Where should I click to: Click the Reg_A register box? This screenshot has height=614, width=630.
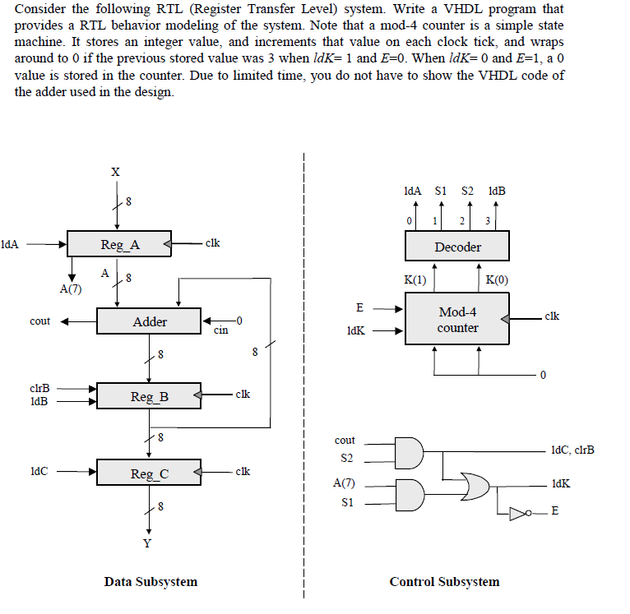coord(120,244)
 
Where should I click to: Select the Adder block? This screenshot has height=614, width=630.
coord(149,321)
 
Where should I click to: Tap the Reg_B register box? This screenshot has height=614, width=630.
coord(149,396)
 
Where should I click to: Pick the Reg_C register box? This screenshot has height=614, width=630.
coord(149,473)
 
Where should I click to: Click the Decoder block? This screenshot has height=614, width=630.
coord(457,247)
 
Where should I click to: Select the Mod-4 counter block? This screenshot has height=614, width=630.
coord(457,320)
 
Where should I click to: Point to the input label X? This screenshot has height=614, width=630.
coord(115,172)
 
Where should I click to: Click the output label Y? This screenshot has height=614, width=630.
coord(148,543)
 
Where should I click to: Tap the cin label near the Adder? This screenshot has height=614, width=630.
coord(220,331)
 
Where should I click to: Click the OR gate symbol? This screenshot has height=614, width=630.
coord(475,487)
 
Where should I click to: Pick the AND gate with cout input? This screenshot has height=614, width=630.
coord(409,450)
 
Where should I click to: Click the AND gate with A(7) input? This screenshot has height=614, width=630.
coord(409,493)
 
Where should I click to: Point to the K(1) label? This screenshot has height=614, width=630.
coord(415,279)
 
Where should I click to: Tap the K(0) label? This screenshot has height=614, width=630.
coord(497,279)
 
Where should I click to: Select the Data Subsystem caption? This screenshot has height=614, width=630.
coord(151,582)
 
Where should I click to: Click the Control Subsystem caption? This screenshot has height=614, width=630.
coord(444,582)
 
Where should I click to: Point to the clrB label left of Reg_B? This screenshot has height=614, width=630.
coord(39,387)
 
